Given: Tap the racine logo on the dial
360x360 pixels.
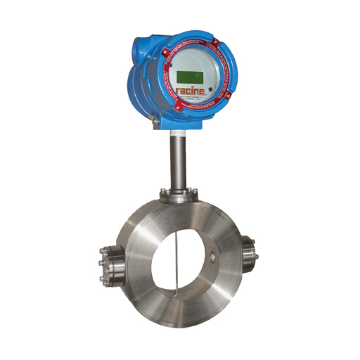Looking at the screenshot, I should [191, 93].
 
